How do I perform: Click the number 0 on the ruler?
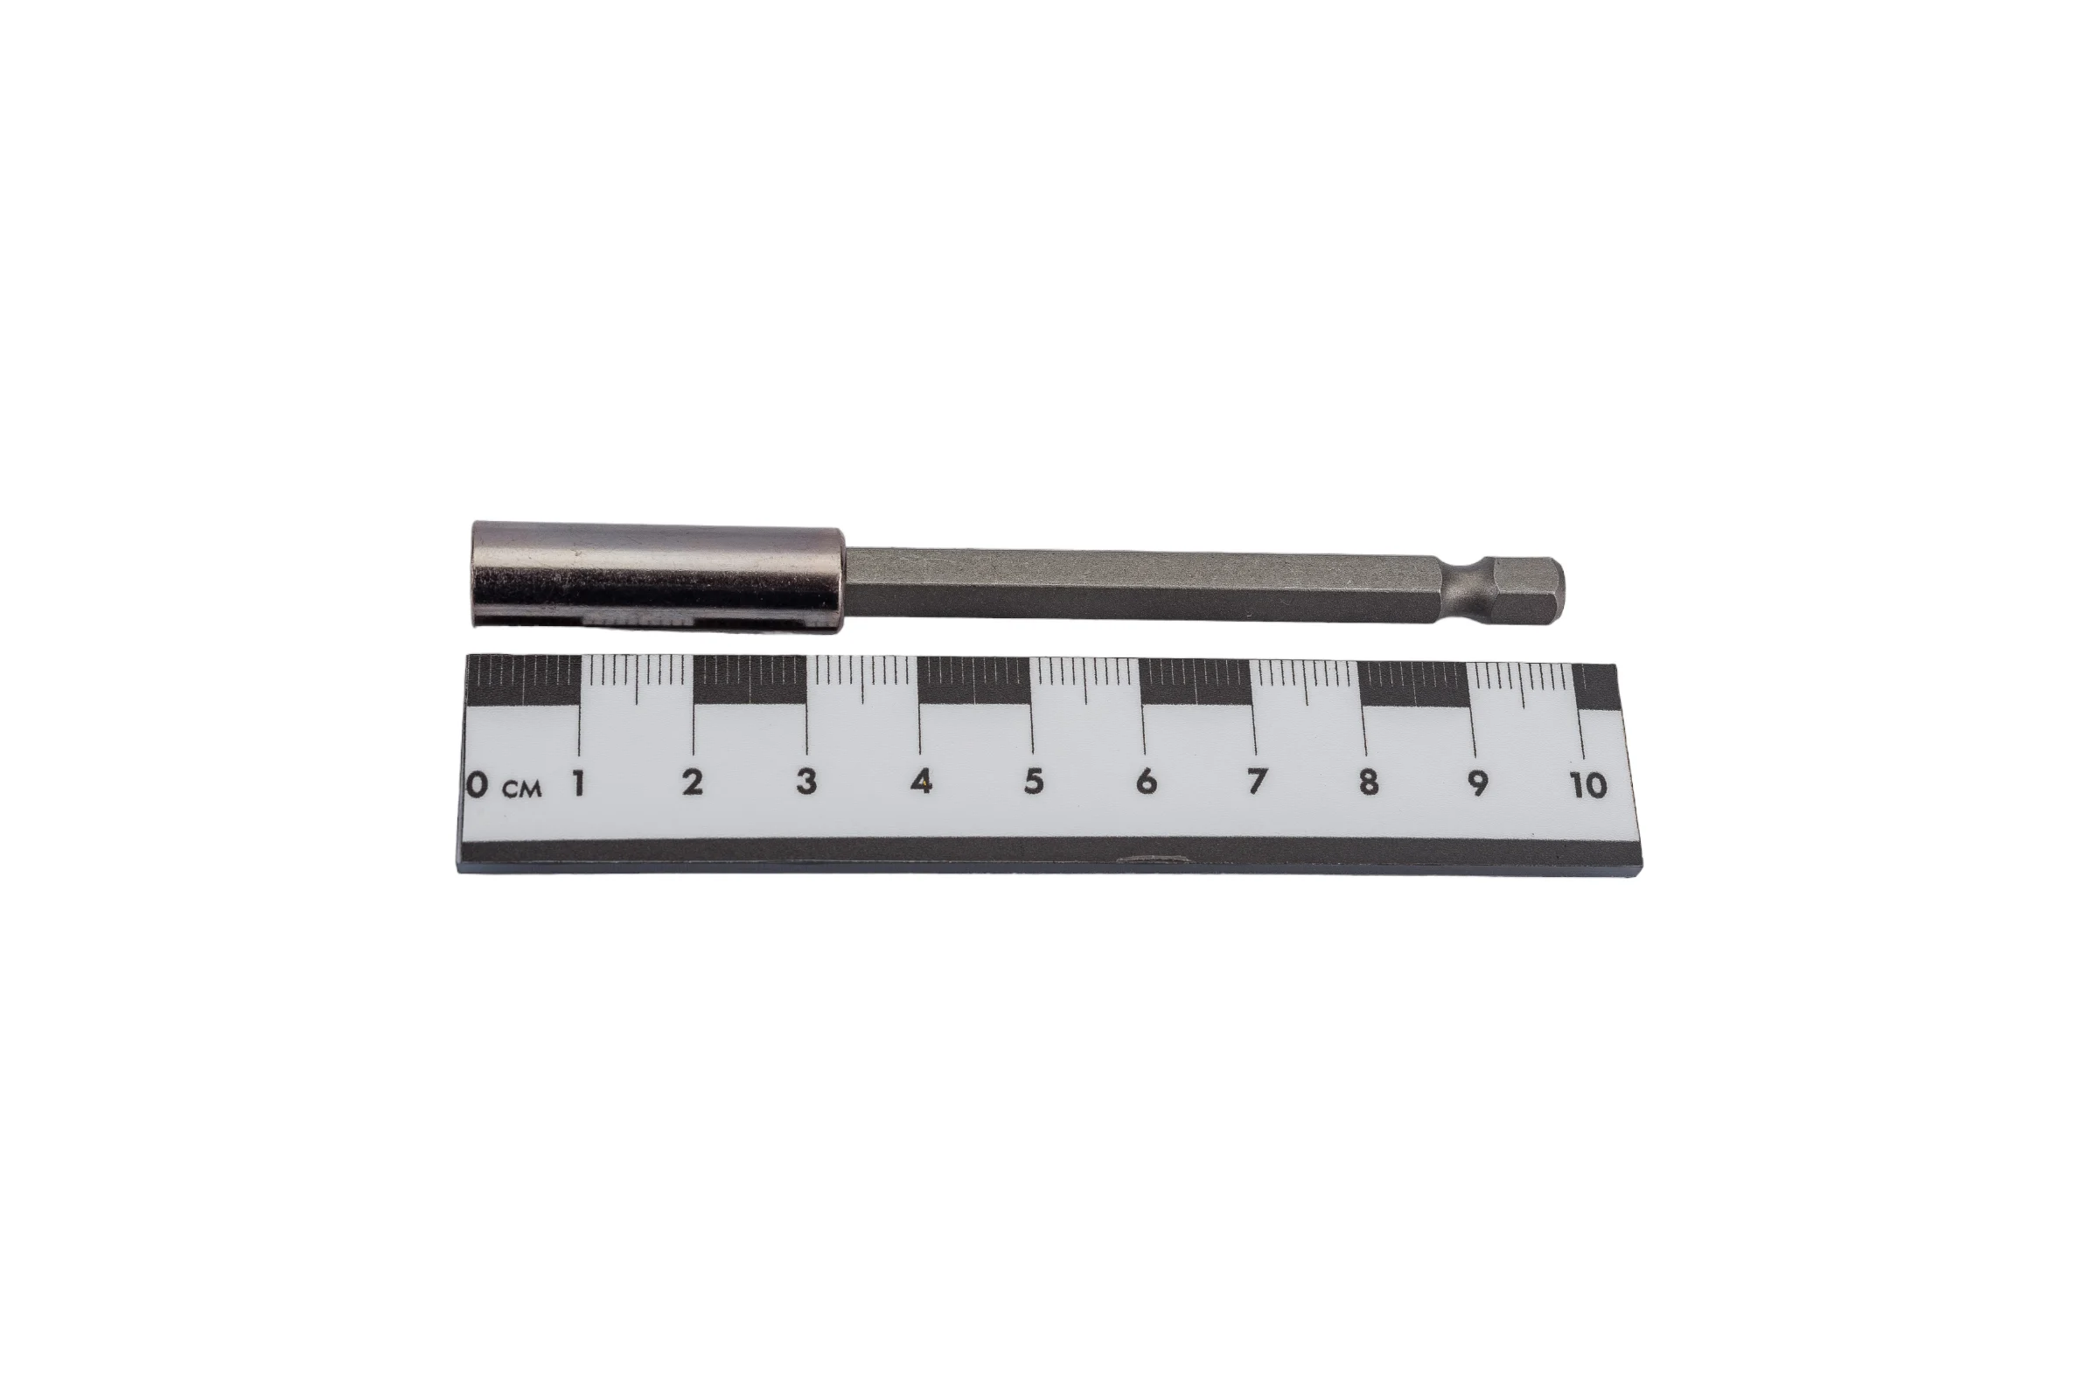pyautogui.click(x=478, y=784)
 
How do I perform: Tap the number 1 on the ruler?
pyautogui.click(x=579, y=783)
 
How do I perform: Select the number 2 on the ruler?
pyautogui.click(x=693, y=783)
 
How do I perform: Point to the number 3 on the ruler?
pyautogui.click(x=805, y=782)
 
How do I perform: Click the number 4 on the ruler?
pyautogui.click(x=922, y=782)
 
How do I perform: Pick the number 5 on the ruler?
pyautogui.click(x=1034, y=782)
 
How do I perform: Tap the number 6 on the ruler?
pyautogui.click(x=1146, y=782)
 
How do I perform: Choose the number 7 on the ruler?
pyautogui.click(x=1257, y=782)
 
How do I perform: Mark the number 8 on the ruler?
pyautogui.click(x=1368, y=783)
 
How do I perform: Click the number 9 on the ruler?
pyautogui.click(x=1478, y=783)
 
